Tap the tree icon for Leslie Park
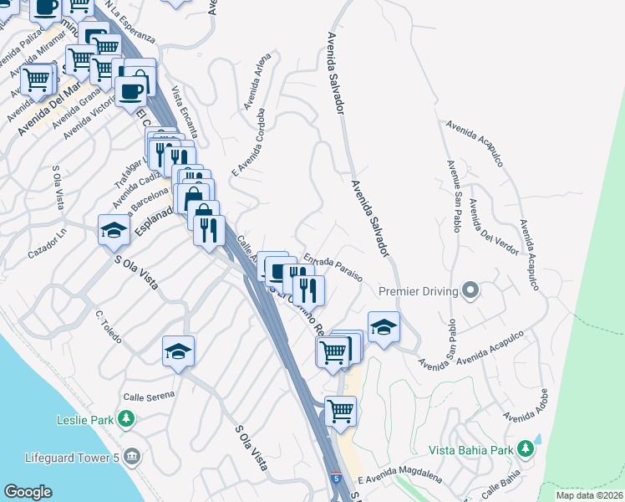pos(125,418)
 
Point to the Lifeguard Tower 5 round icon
pos(132,457)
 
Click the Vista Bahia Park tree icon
pos(526,449)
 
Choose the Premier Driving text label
pos(418,291)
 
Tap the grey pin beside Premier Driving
pos(470,291)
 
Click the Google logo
pos(28,492)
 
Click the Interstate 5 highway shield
pos(335,479)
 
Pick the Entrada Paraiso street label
pos(333,268)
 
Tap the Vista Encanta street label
pos(185,112)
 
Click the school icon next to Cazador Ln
pos(114,230)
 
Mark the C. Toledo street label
pos(109,327)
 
